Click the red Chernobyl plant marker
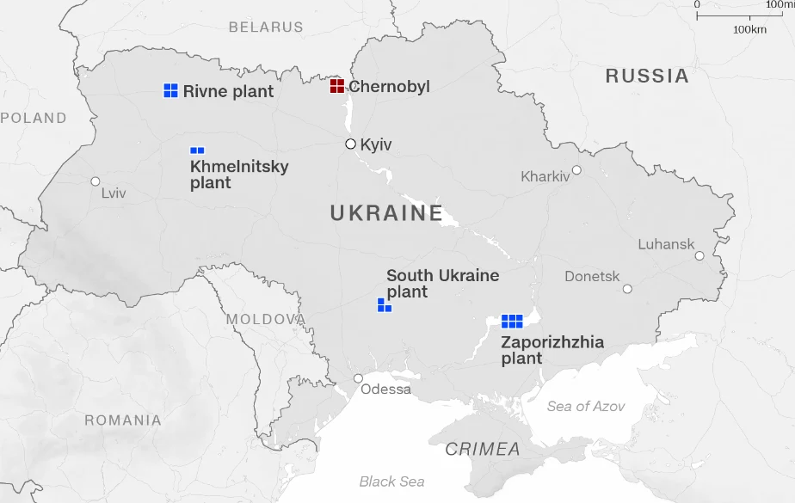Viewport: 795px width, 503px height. [337, 86]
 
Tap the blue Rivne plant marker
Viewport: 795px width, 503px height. [170, 90]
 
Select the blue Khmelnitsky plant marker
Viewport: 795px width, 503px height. [197, 150]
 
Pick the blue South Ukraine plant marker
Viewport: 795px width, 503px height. [384, 305]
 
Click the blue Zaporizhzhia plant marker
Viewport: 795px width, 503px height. [512, 321]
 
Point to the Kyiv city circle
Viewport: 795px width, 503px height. [350, 144]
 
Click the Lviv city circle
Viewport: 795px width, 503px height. [96, 181]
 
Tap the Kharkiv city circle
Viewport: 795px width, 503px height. [576, 170]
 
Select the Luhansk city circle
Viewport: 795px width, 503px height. [699, 255]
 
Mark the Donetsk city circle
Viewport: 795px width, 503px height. [627, 289]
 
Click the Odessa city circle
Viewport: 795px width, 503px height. [358, 378]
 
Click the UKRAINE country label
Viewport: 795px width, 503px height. [386, 213]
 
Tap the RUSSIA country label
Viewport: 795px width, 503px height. [647, 76]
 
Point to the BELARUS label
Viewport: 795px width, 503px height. [266, 27]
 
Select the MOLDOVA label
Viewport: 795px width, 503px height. [265, 320]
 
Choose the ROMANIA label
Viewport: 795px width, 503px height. [123, 420]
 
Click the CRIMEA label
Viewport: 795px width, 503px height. [483, 449]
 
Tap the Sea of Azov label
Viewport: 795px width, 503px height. [586, 406]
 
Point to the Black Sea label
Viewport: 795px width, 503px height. [391, 482]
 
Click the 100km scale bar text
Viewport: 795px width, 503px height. [749, 29]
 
